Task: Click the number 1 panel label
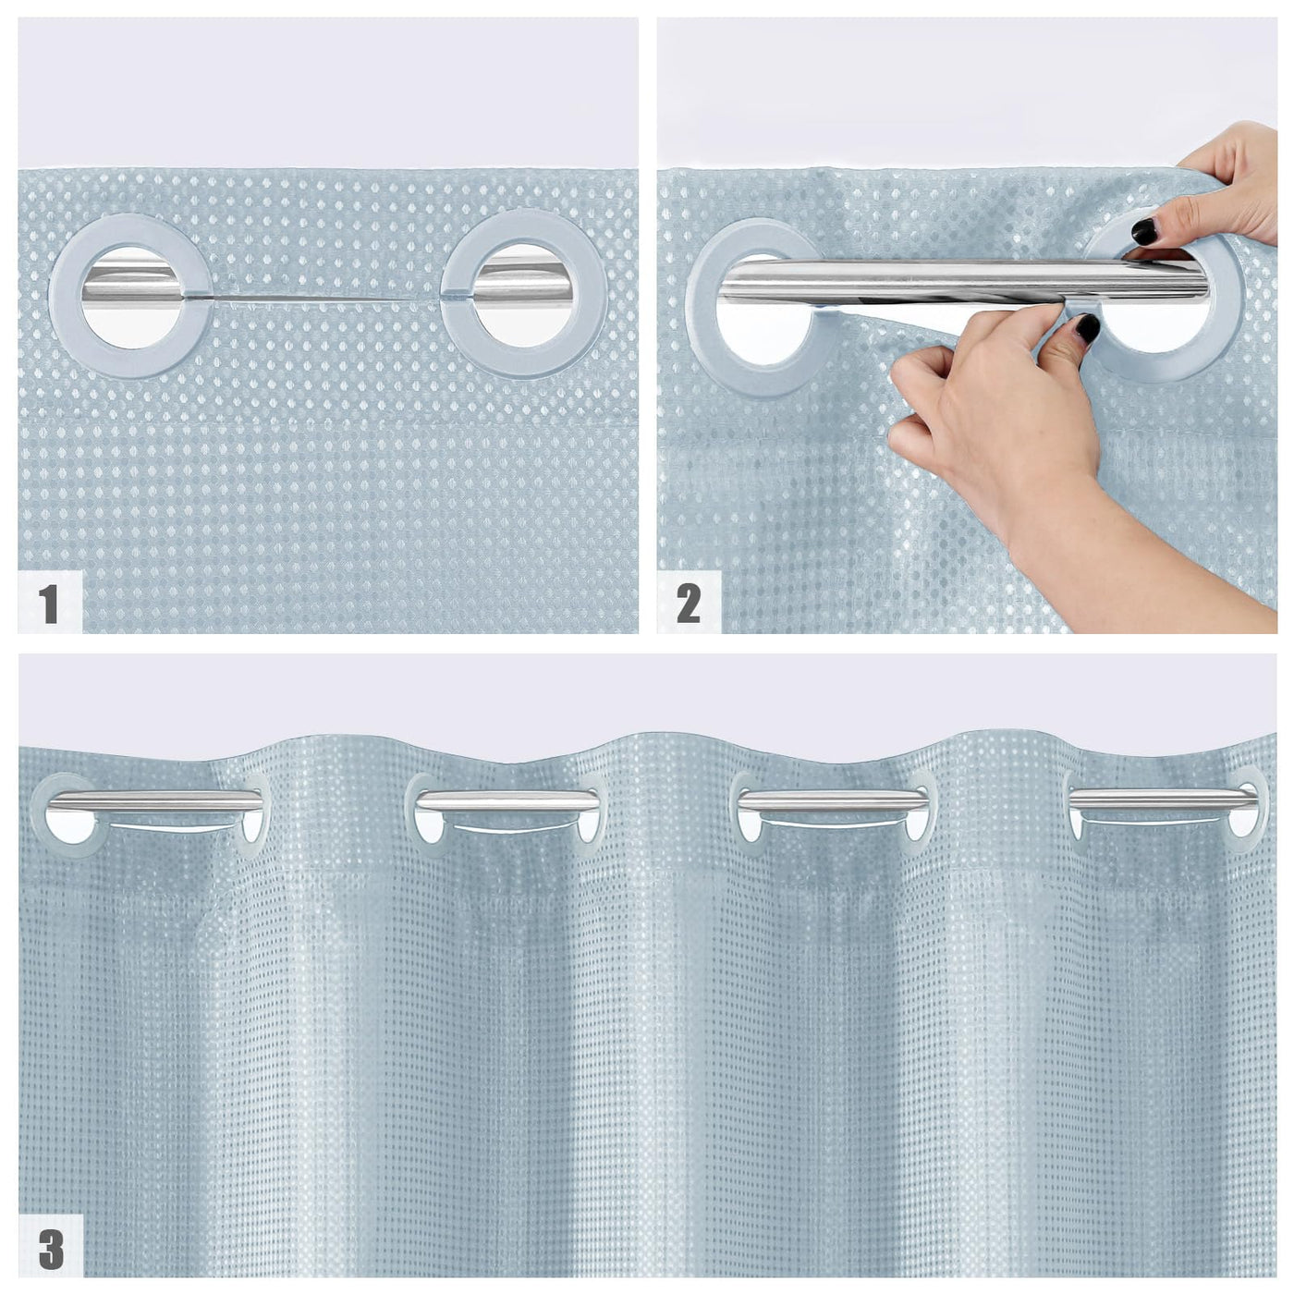coord(48,603)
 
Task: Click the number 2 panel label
coord(689,603)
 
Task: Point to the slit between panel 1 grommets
coord(326,297)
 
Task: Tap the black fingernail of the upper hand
coord(1143,232)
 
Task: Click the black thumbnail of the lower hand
coord(1087,328)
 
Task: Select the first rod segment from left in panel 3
coord(154,800)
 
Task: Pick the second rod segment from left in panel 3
coord(507,800)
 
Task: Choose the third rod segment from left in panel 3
coord(833,800)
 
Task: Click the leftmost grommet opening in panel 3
coord(69,827)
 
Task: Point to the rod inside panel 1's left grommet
coord(131,282)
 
